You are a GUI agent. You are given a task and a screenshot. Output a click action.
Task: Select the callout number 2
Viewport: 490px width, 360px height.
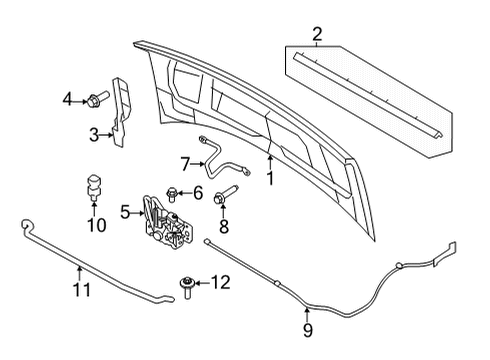[317, 36]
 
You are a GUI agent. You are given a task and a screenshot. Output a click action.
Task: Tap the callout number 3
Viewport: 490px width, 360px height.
[93, 135]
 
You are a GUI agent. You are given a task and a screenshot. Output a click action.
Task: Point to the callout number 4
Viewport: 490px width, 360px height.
[68, 98]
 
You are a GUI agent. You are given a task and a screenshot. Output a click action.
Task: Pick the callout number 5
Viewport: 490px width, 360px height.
[125, 211]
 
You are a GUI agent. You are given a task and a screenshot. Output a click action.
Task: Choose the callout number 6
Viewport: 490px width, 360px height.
[197, 192]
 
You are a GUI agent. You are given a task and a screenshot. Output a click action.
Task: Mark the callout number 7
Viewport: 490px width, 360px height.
[184, 161]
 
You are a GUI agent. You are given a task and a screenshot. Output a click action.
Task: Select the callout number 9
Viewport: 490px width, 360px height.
[308, 329]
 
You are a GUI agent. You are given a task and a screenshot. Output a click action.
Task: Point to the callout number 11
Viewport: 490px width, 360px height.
[81, 291]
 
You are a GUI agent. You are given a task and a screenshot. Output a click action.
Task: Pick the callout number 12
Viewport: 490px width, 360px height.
[221, 283]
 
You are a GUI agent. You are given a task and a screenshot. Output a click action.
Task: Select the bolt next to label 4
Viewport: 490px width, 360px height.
[97, 99]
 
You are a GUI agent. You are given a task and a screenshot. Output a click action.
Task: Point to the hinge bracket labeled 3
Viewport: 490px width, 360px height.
[122, 110]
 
